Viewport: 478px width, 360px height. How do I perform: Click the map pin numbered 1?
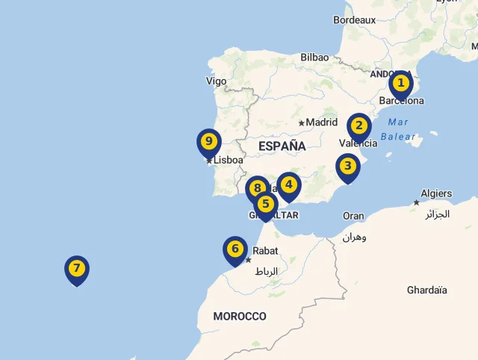[401, 83]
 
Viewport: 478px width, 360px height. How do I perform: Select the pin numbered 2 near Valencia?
[359, 125]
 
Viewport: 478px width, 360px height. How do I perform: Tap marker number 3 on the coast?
[347, 166]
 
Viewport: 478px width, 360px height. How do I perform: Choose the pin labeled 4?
[288, 184]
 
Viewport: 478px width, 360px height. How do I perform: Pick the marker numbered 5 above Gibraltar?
[265, 203]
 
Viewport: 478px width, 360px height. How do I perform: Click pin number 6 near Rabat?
[235, 249]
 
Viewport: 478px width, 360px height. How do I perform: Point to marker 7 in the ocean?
[76, 268]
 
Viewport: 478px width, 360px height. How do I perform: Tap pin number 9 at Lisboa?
[209, 141]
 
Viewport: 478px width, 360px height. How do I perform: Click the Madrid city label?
[322, 122]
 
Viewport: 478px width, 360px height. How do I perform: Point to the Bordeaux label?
[354, 20]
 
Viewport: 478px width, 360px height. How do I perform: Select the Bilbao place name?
[314, 57]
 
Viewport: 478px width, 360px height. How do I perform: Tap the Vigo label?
[216, 81]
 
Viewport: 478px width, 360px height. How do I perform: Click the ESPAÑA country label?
[282, 146]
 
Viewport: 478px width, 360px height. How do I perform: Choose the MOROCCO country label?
[240, 317]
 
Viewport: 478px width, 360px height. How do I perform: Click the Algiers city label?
[436, 193]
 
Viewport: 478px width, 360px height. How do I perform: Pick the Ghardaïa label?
[427, 290]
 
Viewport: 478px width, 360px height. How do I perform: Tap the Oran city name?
[353, 216]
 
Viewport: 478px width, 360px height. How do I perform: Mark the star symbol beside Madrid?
[301, 122]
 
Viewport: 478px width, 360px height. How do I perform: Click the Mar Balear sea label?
[398, 129]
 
